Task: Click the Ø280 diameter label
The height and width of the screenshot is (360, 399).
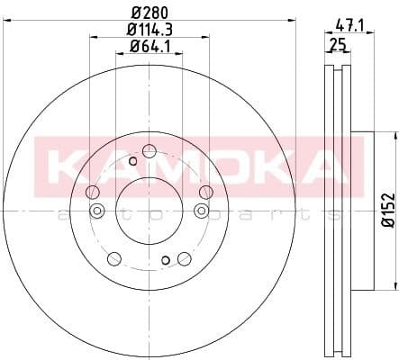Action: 150,13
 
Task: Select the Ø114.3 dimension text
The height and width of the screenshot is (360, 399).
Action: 150,31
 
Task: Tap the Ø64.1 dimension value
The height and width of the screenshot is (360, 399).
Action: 150,47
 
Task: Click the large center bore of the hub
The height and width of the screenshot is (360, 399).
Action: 150,210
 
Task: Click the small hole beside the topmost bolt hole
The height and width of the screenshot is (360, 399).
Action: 133,160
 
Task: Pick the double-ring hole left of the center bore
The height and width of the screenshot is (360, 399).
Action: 98,211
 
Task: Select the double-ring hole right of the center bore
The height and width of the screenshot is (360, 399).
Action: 200,211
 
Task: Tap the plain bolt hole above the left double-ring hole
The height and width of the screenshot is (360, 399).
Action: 93,192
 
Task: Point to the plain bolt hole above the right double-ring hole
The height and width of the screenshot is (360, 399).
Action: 206,192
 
